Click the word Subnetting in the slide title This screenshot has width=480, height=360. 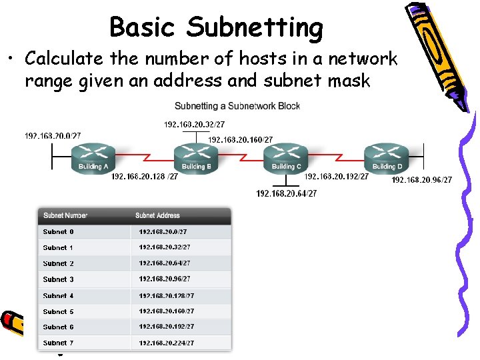click(255, 28)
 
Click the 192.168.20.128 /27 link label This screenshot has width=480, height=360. click(145, 177)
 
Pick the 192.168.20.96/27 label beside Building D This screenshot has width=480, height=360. click(421, 180)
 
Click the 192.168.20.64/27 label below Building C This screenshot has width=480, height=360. click(287, 193)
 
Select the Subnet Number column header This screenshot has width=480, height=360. click(65, 215)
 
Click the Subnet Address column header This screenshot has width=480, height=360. click(157, 215)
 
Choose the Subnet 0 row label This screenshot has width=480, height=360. click(59, 232)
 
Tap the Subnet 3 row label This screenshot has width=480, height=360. click(59, 279)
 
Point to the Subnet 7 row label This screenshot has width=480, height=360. click(59, 343)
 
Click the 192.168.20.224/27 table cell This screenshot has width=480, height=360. click(167, 343)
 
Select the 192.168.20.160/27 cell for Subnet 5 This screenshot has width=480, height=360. click(167, 311)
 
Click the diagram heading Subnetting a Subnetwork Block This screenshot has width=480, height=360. click(237, 106)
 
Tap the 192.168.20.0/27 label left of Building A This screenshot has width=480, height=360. click(53, 136)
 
